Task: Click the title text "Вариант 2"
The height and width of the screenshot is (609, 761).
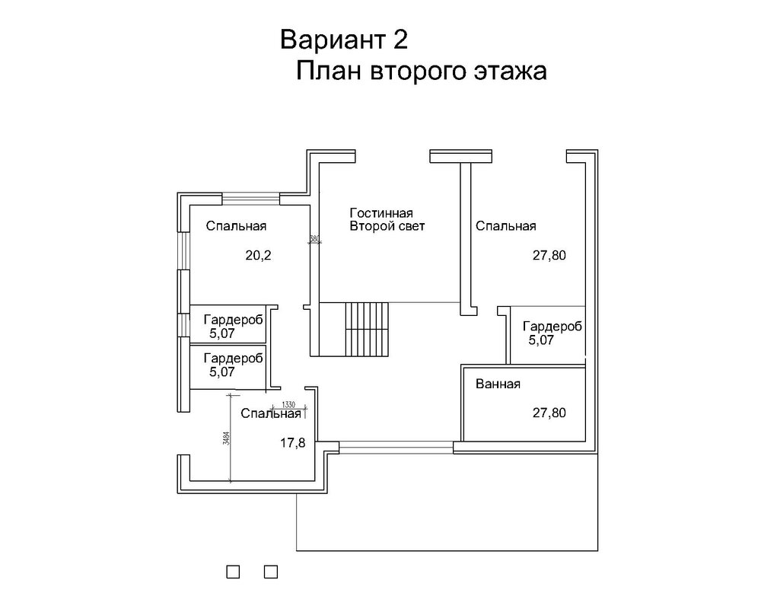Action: point(344,39)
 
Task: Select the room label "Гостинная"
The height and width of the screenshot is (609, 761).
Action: point(380,213)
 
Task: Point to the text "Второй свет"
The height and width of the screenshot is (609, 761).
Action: point(387,226)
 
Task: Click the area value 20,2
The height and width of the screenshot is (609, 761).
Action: point(259,256)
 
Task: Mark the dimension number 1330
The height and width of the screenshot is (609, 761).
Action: point(288,403)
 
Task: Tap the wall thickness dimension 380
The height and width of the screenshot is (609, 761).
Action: point(314,238)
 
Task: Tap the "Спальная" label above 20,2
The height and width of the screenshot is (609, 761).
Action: point(235,226)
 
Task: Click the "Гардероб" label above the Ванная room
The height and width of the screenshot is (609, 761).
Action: point(552,327)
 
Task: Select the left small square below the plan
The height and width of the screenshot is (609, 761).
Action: point(234,570)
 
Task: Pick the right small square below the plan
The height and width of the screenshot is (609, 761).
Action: point(271,570)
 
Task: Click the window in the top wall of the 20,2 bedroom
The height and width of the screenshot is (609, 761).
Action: point(251,199)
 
